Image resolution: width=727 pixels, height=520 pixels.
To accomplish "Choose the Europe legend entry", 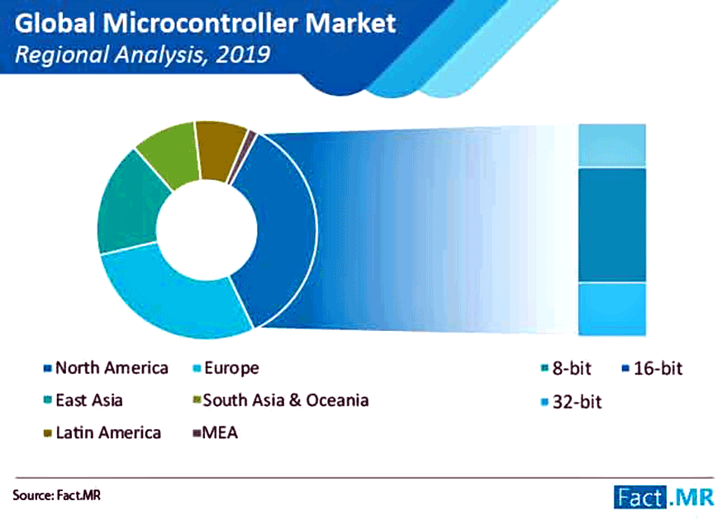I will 226,368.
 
